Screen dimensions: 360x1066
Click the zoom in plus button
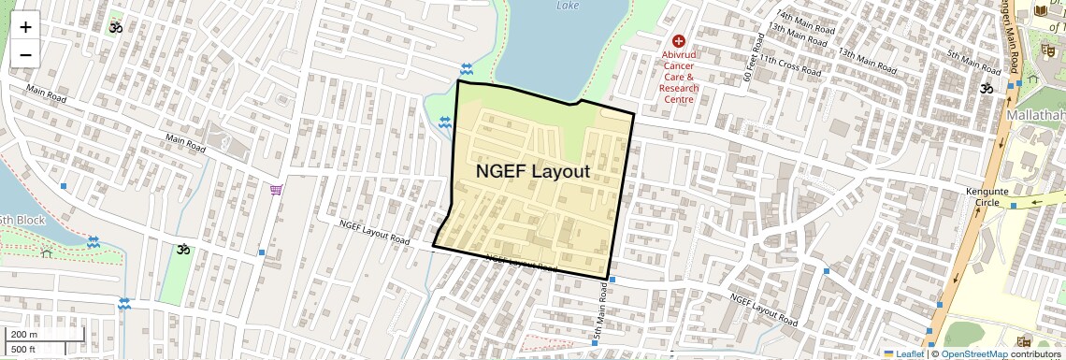coord(25,27)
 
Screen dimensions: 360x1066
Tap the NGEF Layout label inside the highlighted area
coord(533,171)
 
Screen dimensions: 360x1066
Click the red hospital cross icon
coord(679,41)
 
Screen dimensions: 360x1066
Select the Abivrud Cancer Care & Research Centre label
coord(679,77)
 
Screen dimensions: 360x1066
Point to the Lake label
coord(568,6)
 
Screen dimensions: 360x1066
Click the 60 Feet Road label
coord(748,65)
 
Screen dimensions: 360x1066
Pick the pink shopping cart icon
coord(276,190)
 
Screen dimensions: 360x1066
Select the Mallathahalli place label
coord(1036,114)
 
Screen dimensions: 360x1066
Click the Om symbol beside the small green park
coord(182,250)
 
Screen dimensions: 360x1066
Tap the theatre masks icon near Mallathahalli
coord(1047,49)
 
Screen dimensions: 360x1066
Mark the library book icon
coord(1041,11)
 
